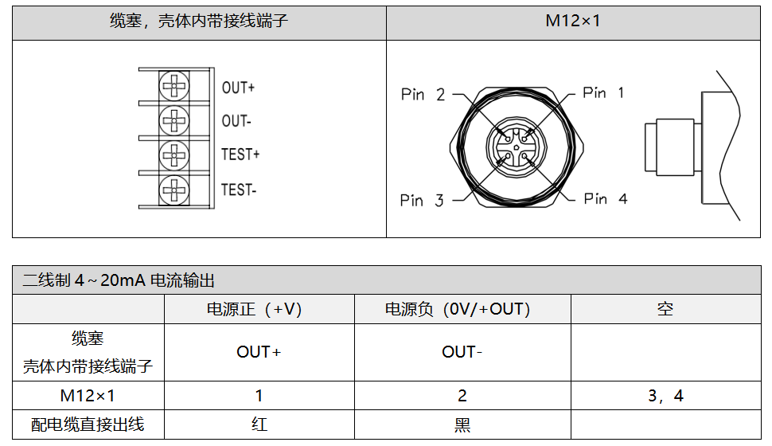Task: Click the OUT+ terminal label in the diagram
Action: click(x=238, y=88)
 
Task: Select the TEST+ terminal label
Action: click(x=240, y=155)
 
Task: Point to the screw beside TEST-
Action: click(x=174, y=190)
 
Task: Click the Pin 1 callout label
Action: click(x=603, y=93)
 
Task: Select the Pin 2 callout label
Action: click(x=423, y=95)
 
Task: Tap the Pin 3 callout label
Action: click(x=422, y=201)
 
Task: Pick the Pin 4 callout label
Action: click(x=605, y=199)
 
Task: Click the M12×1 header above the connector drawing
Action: click(x=572, y=21)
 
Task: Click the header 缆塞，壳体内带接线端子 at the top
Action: click(x=199, y=21)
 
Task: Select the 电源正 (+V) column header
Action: click(x=259, y=309)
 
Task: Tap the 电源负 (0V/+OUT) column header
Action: click(x=462, y=309)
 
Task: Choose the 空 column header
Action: click(x=665, y=309)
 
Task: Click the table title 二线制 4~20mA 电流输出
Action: click(x=119, y=280)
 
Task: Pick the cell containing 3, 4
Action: click(x=665, y=396)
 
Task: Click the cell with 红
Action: click(x=259, y=424)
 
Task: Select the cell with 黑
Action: click(x=462, y=424)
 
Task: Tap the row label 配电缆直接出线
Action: click(x=88, y=424)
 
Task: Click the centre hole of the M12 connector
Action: click(x=517, y=147)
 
